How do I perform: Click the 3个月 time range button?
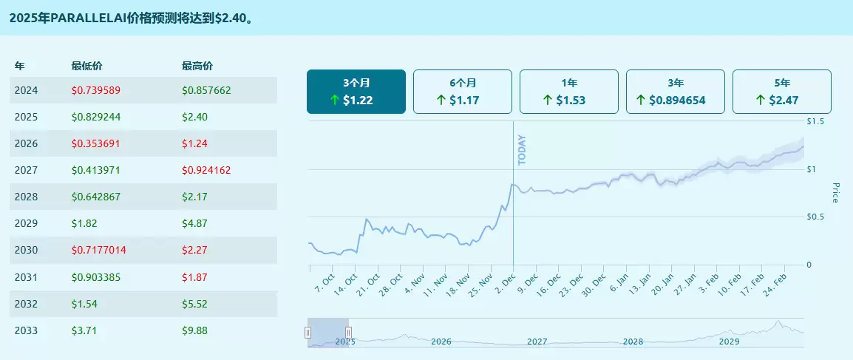pos(356,92)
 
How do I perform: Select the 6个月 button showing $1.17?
pos(462,92)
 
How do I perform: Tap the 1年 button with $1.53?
pos(568,92)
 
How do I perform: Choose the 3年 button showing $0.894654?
pos(675,92)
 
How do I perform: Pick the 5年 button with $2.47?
pos(781,92)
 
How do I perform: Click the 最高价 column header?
pos(197,66)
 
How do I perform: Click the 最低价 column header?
pos(86,66)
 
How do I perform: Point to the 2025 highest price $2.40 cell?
pos(194,117)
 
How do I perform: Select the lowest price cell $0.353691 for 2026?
pos(96,143)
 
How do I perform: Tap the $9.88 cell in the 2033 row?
pos(194,330)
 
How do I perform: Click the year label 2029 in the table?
pos(26,223)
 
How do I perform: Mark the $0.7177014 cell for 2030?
pos(99,250)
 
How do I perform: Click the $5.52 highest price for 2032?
pos(194,303)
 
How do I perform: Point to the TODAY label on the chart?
pos(522,149)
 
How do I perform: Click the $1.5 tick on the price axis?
pos(816,120)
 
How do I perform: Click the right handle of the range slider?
pos(348,333)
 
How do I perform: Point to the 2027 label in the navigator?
pos(537,342)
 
